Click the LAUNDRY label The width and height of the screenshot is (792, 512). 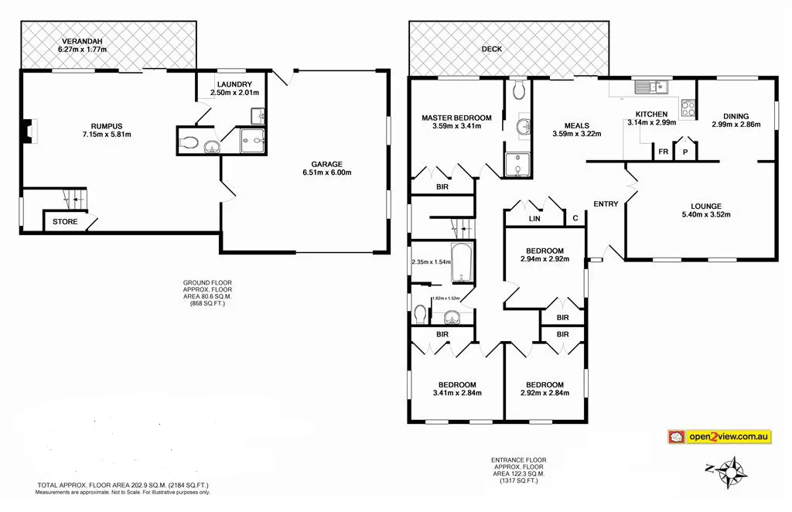233,84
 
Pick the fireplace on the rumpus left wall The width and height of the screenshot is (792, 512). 28,132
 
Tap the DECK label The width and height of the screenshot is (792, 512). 491,49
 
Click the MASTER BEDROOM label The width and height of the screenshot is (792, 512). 456,118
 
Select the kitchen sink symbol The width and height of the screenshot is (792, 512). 650,87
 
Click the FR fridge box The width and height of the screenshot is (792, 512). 663,152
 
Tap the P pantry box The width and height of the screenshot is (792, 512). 684,152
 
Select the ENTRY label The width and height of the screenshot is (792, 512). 606,204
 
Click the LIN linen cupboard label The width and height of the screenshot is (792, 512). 534,219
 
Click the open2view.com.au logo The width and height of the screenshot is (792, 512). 719,437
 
